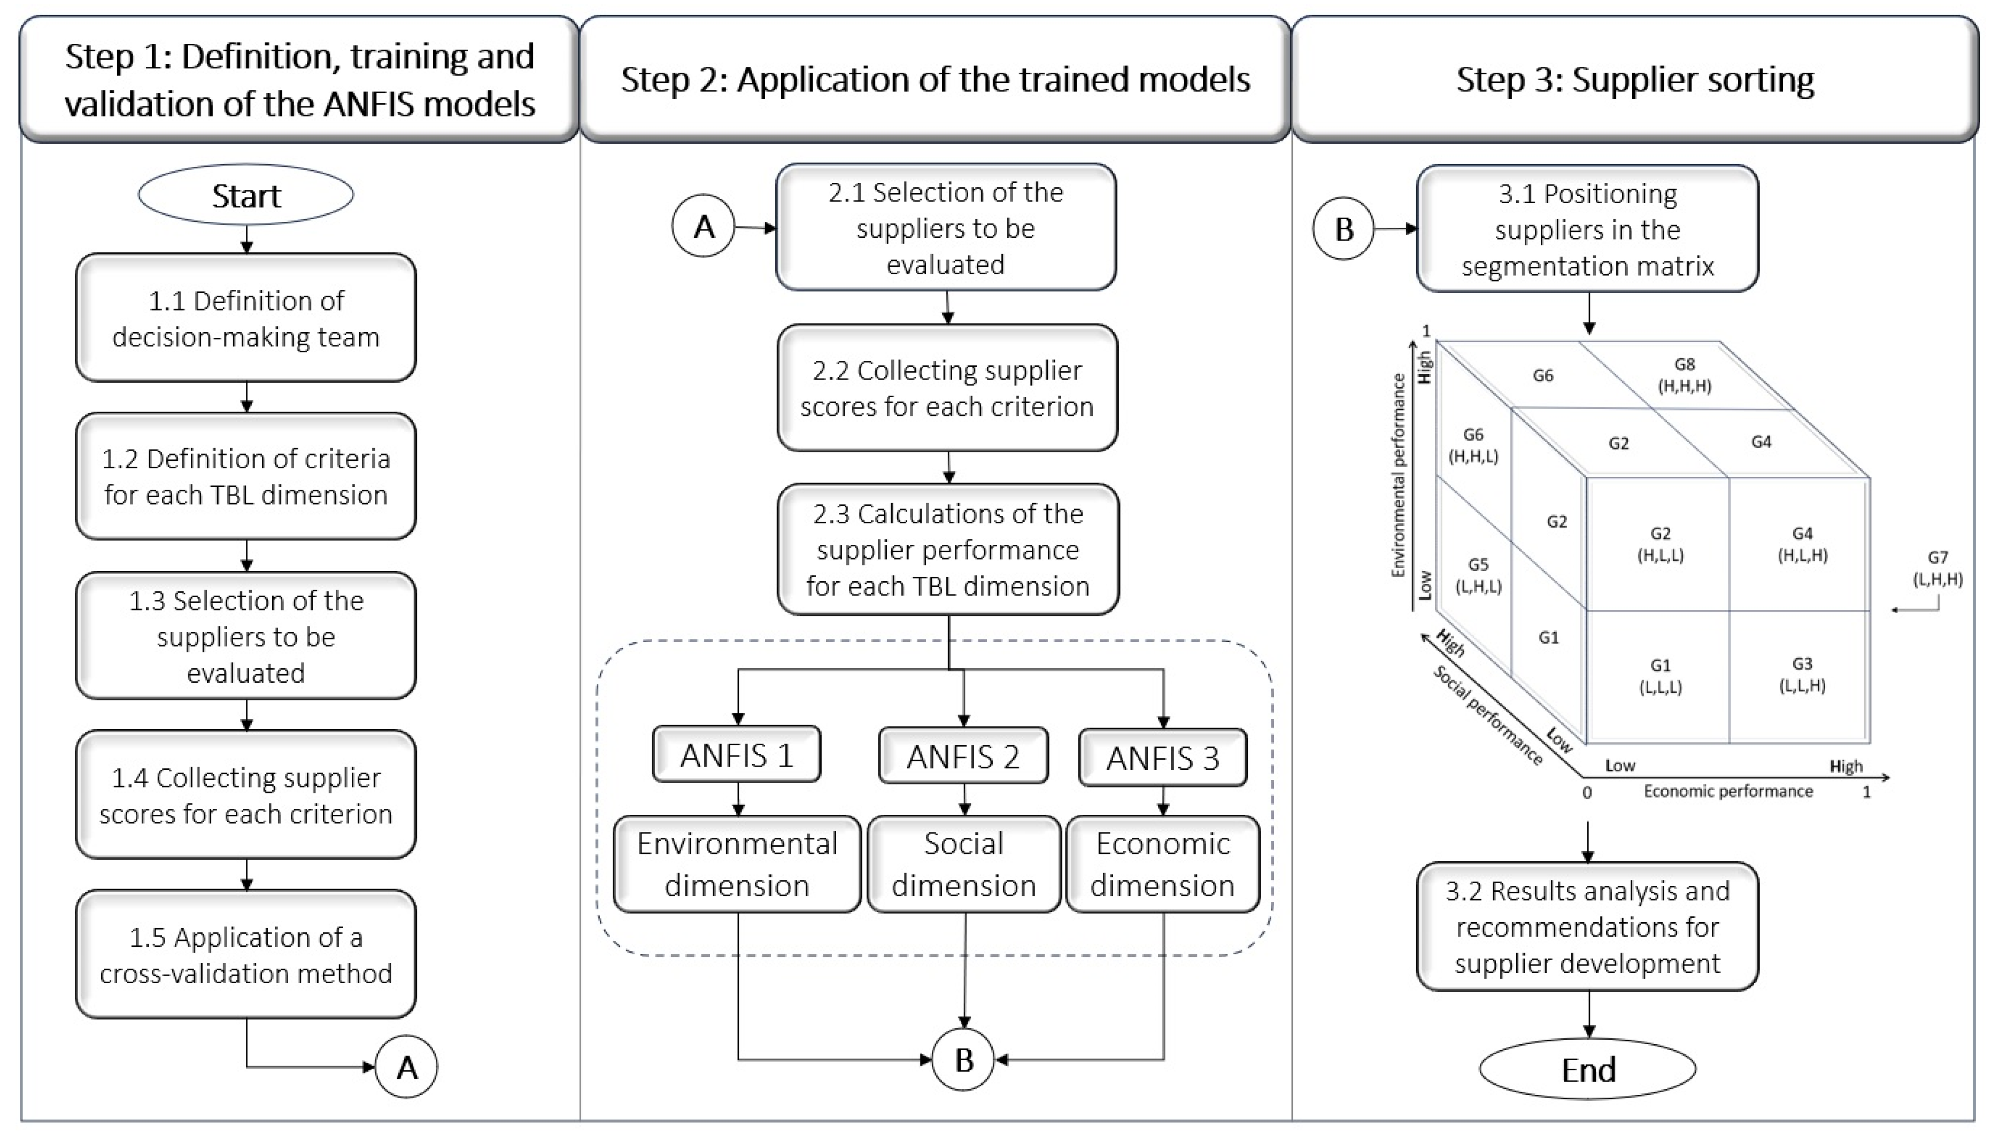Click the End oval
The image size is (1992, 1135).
tap(1587, 1070)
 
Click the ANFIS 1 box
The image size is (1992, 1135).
tap(737, 754)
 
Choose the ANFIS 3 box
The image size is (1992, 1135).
tap(1162, 758)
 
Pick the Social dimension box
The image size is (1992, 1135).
tap(963, 864)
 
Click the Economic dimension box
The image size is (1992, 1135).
tap(1162, 864)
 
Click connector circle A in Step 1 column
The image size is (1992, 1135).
tap(406, 1067)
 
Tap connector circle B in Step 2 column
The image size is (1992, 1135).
tap(963, 1060)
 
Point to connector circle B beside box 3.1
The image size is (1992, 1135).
tap(1344, 229)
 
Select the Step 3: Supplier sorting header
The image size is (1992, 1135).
tap(1634, 80)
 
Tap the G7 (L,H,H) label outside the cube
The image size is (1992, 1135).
tap(1937, 568)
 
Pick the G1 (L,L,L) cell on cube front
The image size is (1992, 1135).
tap(1659, 676)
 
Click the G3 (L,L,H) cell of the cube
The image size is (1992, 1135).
tap(1801, 674)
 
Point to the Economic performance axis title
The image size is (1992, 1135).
tap(1728, 791)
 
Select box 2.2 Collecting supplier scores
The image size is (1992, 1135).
tap(947, 388)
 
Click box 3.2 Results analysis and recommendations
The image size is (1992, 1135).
tap(1587, 927)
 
